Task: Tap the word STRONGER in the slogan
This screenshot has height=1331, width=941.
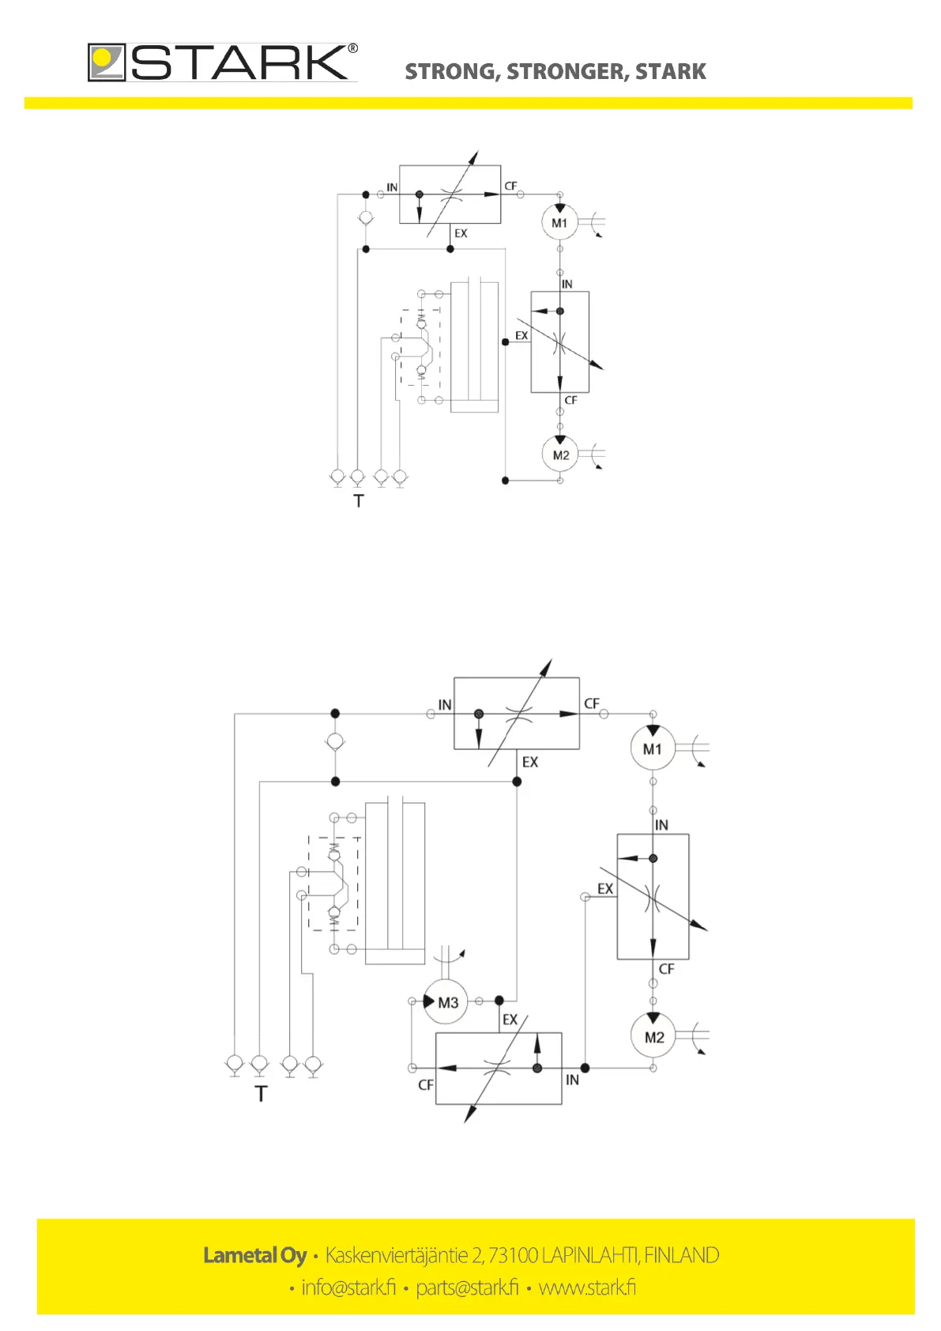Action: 564,72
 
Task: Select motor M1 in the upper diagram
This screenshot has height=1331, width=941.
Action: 559,223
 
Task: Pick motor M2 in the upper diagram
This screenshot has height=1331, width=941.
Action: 560,455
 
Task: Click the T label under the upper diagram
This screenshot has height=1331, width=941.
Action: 359,501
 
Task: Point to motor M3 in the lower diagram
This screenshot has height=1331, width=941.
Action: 446,1002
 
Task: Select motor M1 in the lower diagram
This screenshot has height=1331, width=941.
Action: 653,748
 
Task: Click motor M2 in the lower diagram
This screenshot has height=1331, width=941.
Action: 653,1037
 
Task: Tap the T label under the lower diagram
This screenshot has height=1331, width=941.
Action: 262,1094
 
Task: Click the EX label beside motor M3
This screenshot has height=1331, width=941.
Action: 510,1020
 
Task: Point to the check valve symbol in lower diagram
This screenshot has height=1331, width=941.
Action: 335,742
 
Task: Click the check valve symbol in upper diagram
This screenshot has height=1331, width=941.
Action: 365,218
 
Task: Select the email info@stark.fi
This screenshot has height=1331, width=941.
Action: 348,1288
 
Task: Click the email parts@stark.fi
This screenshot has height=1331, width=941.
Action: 467,1288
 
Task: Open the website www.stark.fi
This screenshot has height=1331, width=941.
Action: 587,1288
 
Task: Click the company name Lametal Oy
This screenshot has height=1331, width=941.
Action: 254,1255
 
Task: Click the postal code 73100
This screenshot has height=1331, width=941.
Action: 513,1255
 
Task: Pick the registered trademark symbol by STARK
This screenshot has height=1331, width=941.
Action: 352,49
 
